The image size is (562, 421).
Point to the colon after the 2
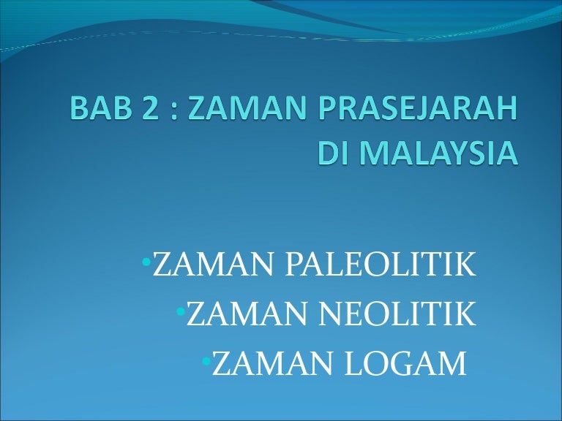[x=173, y=111]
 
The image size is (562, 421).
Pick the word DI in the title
[x=333, y=153]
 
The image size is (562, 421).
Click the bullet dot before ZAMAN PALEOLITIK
[x=146, y=262]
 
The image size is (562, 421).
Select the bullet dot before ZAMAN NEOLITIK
[x=181, y=312]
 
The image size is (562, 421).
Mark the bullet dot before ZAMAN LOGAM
[x=206, y=362]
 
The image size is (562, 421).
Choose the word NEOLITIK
[x=397, y=314]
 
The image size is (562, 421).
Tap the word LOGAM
[x=405, y=364]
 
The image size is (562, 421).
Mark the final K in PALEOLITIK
[x=465, y=264]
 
